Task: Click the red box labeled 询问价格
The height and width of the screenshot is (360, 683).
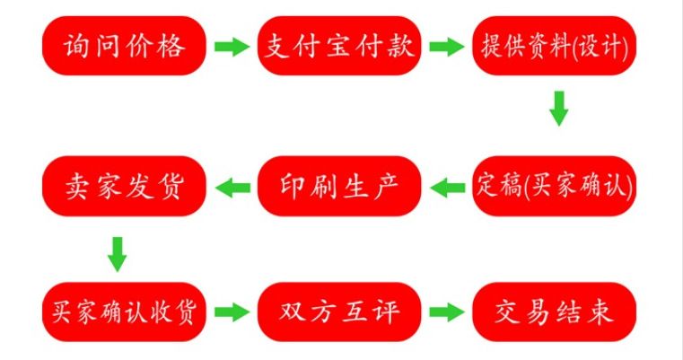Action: (125, 46)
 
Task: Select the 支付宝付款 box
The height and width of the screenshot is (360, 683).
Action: (339, 46)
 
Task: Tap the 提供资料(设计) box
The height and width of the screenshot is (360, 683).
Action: (555, 46)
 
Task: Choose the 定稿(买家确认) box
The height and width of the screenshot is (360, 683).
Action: (555, 186)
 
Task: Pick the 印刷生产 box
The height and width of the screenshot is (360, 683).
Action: (339, 186)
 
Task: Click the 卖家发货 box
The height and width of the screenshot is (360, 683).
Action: (125, 186)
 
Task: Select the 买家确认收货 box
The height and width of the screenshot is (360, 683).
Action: (125, 312)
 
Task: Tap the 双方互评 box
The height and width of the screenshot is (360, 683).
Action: (339, 312)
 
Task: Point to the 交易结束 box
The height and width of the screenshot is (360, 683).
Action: (555, 312)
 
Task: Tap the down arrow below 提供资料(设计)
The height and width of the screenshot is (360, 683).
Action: (558, 108)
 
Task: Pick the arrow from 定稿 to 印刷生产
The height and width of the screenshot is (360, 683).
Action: (447, 187)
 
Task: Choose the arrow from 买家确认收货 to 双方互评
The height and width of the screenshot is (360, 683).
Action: (232, 312)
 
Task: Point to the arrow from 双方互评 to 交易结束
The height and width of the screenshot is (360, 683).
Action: (446, 312)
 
